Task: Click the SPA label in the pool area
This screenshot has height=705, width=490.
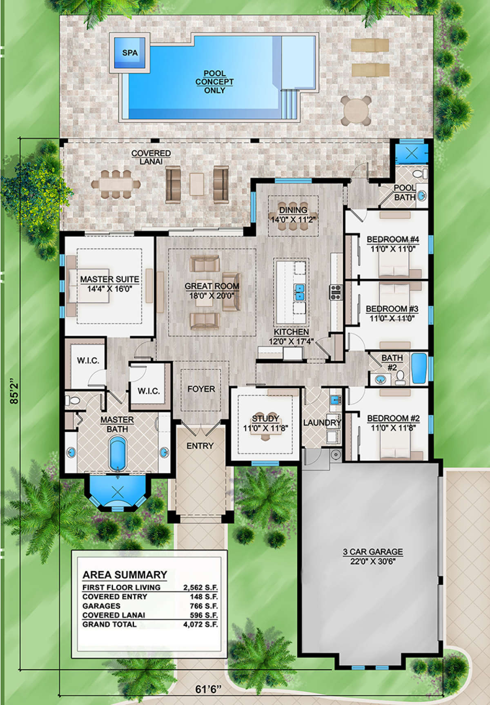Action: click(x=130, y=53)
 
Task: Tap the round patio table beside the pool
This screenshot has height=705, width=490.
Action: click(x=356, y=110)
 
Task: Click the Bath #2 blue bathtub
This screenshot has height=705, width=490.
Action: click(x=419, y=368)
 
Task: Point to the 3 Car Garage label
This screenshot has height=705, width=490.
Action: click(x=372, y=552)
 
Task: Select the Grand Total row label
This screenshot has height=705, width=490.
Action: click(x=109, y=625)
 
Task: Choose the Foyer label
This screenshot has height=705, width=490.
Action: click(x=201, y=389)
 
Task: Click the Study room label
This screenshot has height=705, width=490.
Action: click(x=265, y=419)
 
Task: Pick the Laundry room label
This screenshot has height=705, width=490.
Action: click(x=322, y=422)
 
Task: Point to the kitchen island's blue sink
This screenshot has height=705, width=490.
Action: click(x=300, y=292)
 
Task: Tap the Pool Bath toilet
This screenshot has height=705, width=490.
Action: click(x=418, y=174)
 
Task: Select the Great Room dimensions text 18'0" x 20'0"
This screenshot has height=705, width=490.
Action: click(x=212, y=295)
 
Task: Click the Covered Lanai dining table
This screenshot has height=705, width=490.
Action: click(x=116, y=184)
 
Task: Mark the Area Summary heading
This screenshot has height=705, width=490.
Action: click(x=125, y=575)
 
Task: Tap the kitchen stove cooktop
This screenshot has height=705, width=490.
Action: click(x=336, y=292)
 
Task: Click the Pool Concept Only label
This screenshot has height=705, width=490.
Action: click(x=214, y=82)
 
